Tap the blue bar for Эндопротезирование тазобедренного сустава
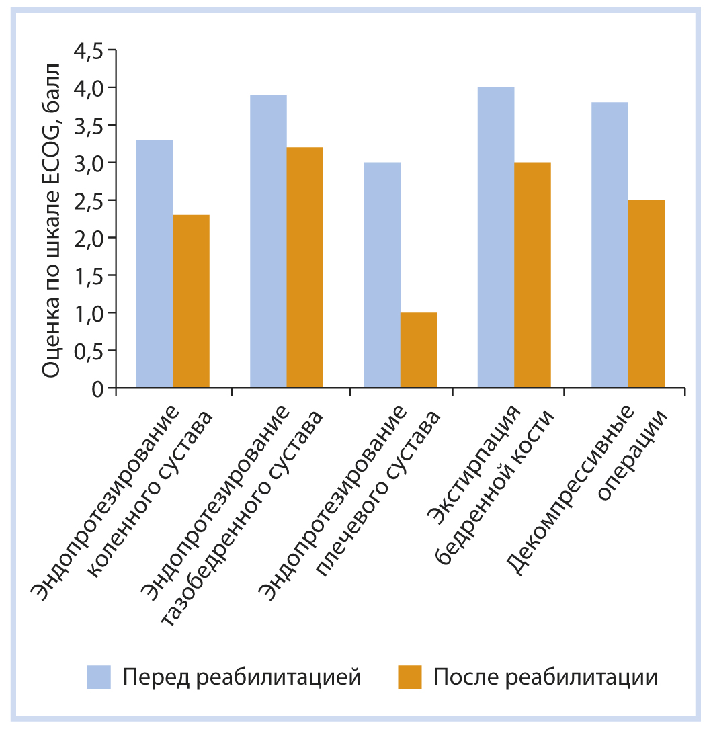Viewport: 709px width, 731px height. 268,241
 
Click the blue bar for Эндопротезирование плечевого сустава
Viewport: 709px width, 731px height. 382,275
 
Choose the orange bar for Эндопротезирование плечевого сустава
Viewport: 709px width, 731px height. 418,350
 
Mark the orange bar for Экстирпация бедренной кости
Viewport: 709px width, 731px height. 532,275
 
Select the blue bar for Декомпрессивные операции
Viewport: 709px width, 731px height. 610,245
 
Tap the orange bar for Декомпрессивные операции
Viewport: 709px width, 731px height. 646,294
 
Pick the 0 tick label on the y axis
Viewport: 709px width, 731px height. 101,388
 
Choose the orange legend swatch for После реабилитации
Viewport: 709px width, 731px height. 409,677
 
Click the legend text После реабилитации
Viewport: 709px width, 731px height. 545,677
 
